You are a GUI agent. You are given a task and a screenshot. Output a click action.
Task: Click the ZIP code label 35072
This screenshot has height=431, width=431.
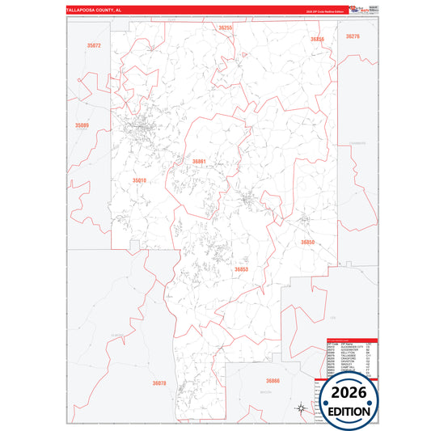click(94, 46)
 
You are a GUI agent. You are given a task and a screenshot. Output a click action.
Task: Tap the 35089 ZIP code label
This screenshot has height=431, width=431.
click(82, 125)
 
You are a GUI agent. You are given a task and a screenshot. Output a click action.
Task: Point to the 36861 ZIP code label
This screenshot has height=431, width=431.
click(200, 162)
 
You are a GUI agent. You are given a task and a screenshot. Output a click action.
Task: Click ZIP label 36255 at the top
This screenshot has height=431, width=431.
click(226, 28)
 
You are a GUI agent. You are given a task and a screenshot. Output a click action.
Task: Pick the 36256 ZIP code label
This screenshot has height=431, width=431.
click(317, 39)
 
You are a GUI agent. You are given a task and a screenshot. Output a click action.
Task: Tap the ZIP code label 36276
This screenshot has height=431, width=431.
click(353, 36)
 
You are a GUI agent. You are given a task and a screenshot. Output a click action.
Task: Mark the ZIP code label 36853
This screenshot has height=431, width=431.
click(241, 269)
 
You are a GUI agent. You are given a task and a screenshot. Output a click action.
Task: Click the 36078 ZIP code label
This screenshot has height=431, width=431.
click(158, 383)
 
